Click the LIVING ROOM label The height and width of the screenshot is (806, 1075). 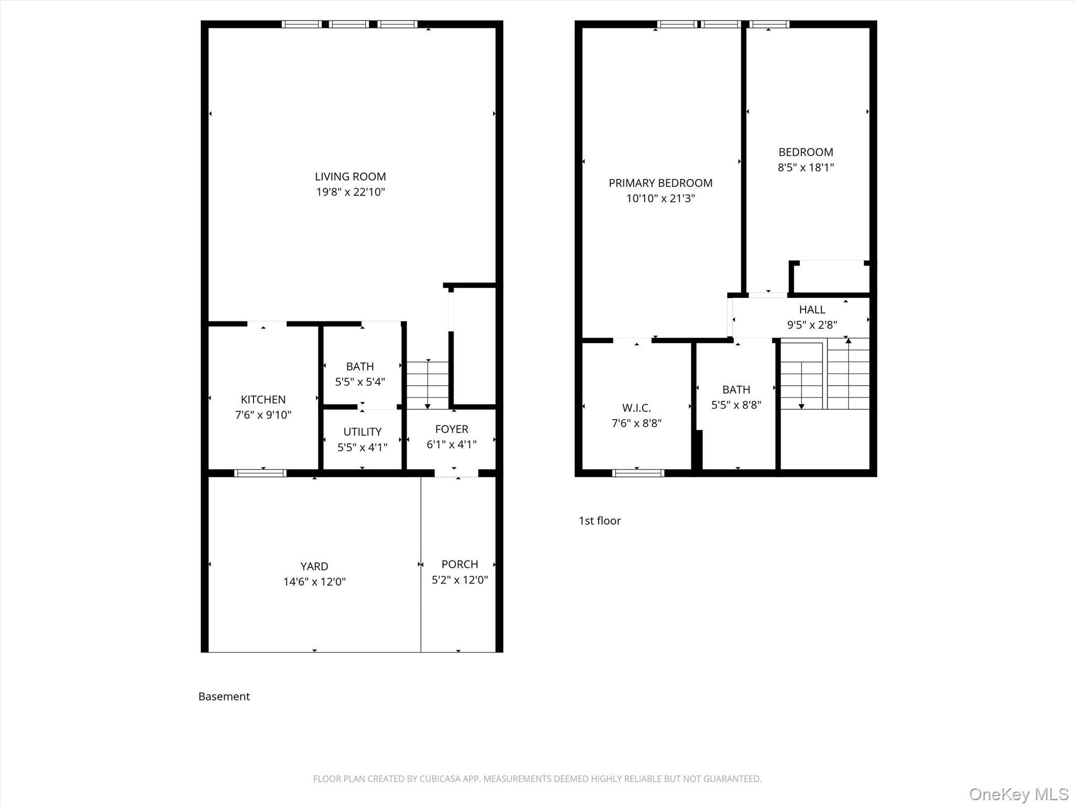(350, 177)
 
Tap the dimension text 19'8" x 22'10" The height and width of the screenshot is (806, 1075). (350, 192)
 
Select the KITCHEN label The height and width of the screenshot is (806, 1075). (263, 400)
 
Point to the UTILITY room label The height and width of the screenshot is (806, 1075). (362, 432)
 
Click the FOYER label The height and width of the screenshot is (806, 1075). (451, 429)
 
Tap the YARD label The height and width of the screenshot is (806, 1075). (314, 567)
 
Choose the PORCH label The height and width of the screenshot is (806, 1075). (459, 565)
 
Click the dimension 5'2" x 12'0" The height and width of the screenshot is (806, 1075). (459, 580)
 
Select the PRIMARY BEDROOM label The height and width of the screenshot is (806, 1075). (660, 183)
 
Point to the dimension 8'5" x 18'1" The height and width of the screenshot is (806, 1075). (806, 167)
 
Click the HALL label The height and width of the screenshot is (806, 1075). (812, 310)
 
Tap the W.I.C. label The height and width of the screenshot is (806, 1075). (636, 408)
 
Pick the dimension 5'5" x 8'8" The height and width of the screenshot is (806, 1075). (736, 405)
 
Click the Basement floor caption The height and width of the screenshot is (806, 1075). (224, 696)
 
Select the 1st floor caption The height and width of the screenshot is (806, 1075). (599, 521)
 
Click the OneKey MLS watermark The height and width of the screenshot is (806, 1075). (1019, 793)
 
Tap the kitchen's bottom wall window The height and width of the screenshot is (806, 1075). (260, 473)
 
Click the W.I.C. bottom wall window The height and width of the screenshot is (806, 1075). (638, 473)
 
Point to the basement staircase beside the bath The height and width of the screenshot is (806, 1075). (428, 385)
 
